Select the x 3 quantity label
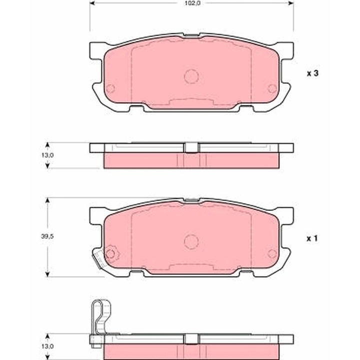pyautogui.click(x=312, y=73)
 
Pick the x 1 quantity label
pyautogui.click(x=312, y=239)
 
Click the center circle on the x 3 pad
pyautogui.click(x=191, y=76)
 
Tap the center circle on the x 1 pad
pyautogui.click(x=191, y=241)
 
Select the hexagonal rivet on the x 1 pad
pyautogui.click(x=110, y=253)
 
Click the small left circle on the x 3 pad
pyautogui.click(x=110, y=88)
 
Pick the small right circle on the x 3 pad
pyautogui.click(x=272, y=88)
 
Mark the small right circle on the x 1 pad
pyautogui.click(x=272, y=253)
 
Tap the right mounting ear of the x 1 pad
pyautogui.click(x=286, y=215)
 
